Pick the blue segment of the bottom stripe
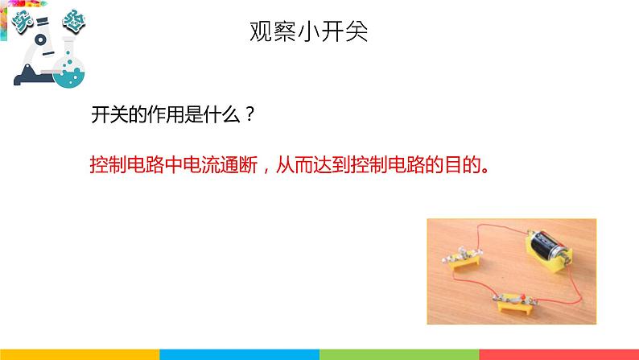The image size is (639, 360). (x=239, y=354)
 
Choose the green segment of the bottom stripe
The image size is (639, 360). (x=399, y=354)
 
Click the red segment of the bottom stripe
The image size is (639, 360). (x=559, y=354)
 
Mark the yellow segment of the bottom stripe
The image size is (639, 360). (x=80, y=354)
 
